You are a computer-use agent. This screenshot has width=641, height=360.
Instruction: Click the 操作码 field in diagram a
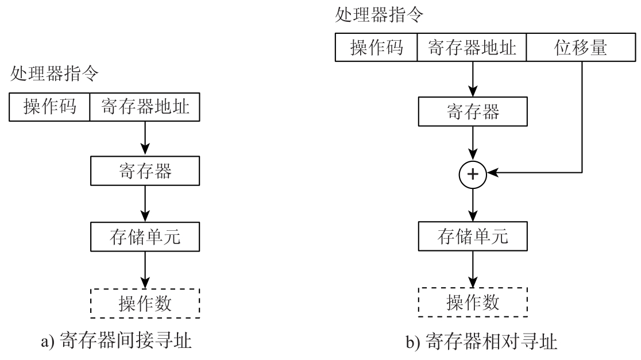[x=50, y=107]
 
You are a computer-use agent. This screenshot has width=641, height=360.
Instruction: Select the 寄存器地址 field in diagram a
[x=145, y=107]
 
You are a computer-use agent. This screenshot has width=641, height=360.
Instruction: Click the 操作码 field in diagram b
[x=376, y=48]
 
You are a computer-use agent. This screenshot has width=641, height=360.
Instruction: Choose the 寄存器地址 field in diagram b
[x=472, y=48]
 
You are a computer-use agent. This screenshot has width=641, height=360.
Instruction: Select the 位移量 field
[x=583, y=48]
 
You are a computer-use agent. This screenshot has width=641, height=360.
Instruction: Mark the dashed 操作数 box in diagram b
[x=473, y=301]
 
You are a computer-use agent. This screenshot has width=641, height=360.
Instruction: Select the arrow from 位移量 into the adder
[x=583, y=126]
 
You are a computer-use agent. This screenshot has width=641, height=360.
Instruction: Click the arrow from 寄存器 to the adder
[x=473, y=144]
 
